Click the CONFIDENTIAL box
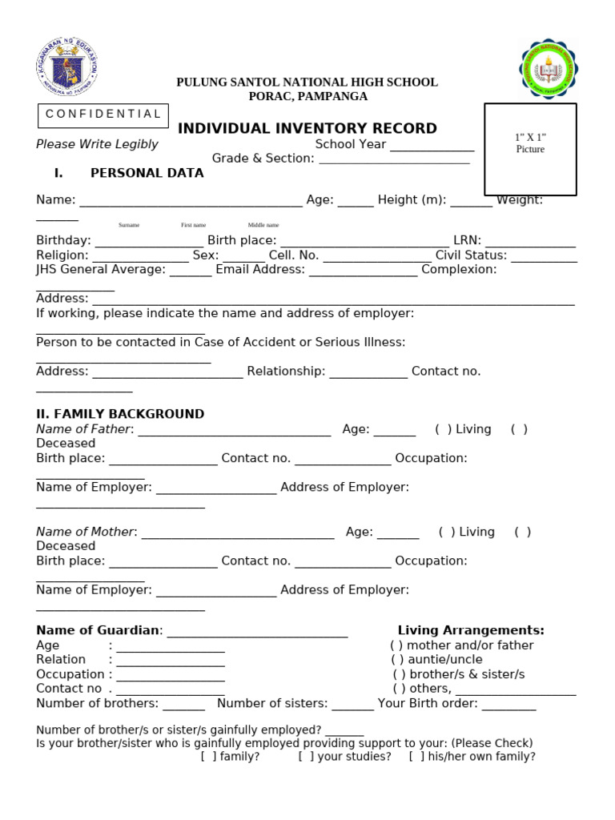103,115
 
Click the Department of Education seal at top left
66,68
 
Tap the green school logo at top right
549,70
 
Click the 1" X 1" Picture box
530,149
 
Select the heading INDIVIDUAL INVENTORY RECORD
307,129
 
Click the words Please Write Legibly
97,145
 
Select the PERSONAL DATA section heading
147,173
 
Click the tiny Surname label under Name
129,225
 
